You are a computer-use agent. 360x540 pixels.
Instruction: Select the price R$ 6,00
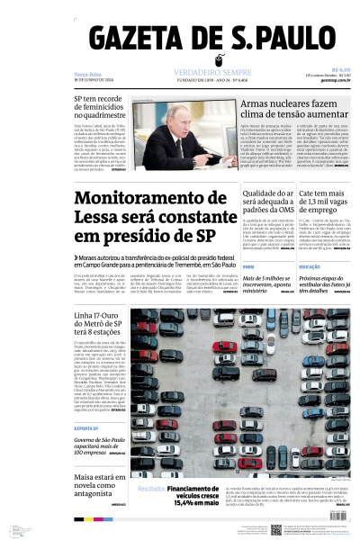click(x=340, y=69)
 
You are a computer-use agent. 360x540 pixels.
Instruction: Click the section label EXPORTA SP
click(x=86, y=427)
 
